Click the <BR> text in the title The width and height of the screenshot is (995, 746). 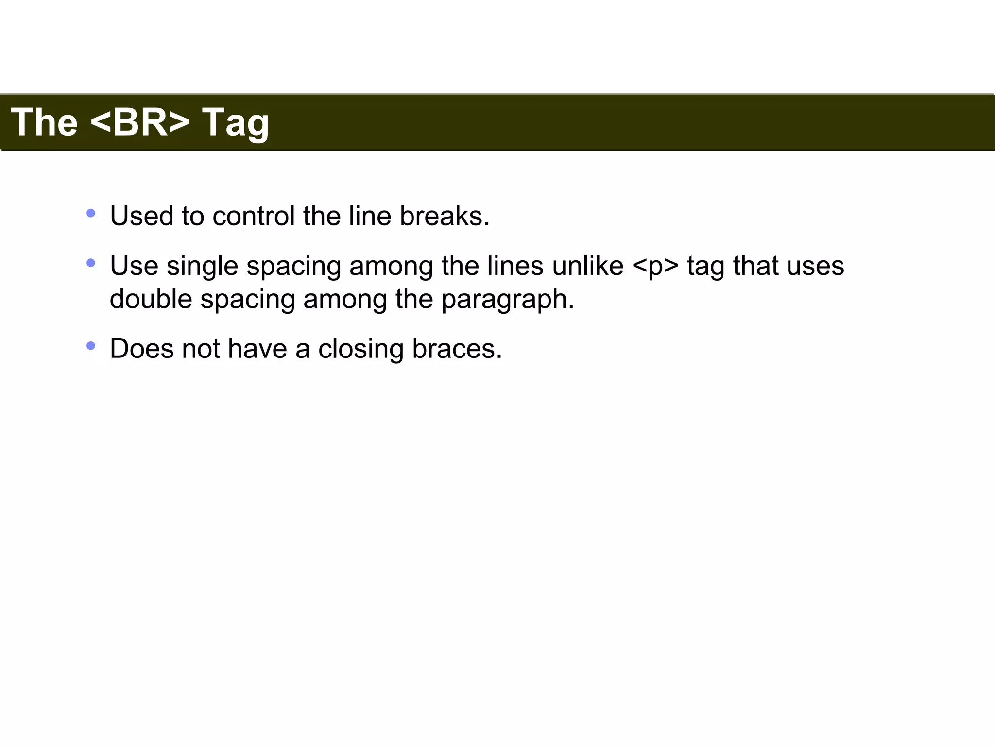tap(140, 122)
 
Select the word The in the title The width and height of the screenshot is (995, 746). tap(44, 122)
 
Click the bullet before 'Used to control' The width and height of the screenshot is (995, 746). tap(91, 213)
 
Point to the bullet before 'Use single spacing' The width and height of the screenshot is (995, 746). tap(91, 263)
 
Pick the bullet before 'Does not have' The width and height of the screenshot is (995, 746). tap(91, 346)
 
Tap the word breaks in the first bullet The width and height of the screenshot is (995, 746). tap(444, 216)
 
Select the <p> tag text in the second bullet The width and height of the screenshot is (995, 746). tap(655, 266)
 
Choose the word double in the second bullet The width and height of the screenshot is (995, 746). tap(151, 299)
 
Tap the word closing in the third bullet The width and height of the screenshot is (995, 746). tap(360, 349)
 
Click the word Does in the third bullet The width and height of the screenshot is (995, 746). tap(141, 349)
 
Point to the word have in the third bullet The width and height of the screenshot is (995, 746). tap(257, 349)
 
